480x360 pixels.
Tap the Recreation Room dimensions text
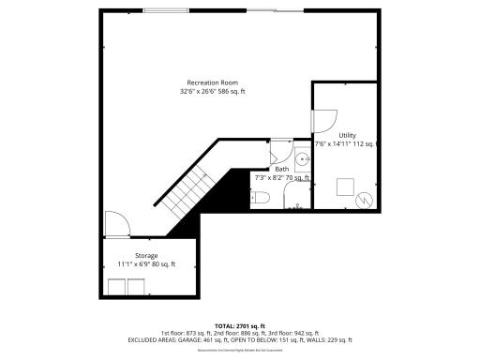213,92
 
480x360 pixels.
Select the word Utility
347,135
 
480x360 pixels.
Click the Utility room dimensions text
346,144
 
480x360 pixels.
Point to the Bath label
281,169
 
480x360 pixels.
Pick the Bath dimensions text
282,177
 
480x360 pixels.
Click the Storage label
145,255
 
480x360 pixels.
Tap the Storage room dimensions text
145,263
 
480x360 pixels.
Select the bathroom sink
302,157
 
